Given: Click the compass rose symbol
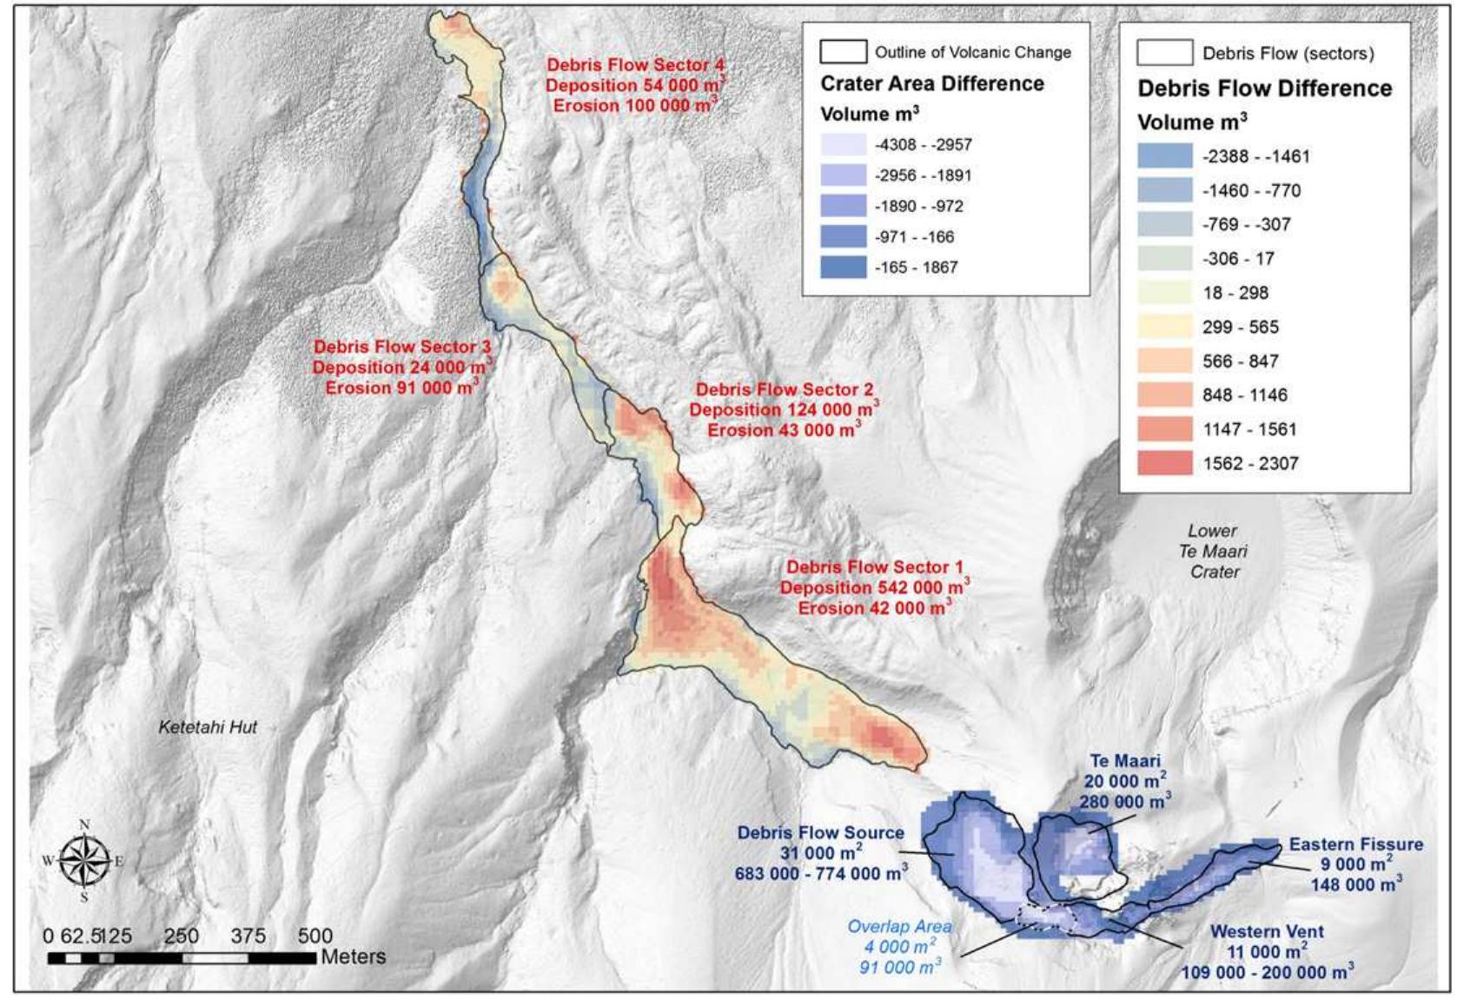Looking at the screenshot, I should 84,860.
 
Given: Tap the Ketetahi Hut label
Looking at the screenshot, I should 208,727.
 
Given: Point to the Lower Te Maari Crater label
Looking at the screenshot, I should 1214,551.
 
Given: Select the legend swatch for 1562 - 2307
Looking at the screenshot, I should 1164,463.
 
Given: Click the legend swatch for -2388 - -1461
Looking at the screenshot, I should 1164,156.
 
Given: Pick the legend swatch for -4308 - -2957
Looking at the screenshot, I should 843,144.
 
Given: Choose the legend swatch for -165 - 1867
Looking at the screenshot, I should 843,267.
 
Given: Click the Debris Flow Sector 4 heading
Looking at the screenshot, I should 635,65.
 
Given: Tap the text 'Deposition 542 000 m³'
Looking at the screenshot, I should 874,587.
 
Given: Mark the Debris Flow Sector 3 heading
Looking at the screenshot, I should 402,347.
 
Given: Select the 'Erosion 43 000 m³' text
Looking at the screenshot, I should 784,430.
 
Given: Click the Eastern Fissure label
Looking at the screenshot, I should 1355,844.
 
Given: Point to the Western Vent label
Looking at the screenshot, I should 1267,931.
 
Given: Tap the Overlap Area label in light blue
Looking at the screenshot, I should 899,927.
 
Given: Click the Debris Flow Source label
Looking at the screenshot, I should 820,832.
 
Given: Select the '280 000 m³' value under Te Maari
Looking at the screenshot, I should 1124,801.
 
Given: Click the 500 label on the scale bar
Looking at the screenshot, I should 315,936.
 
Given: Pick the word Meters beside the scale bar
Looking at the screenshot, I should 353,956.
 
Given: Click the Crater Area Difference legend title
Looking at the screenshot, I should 931,83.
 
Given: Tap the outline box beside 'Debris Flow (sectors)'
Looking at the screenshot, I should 1164,53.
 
